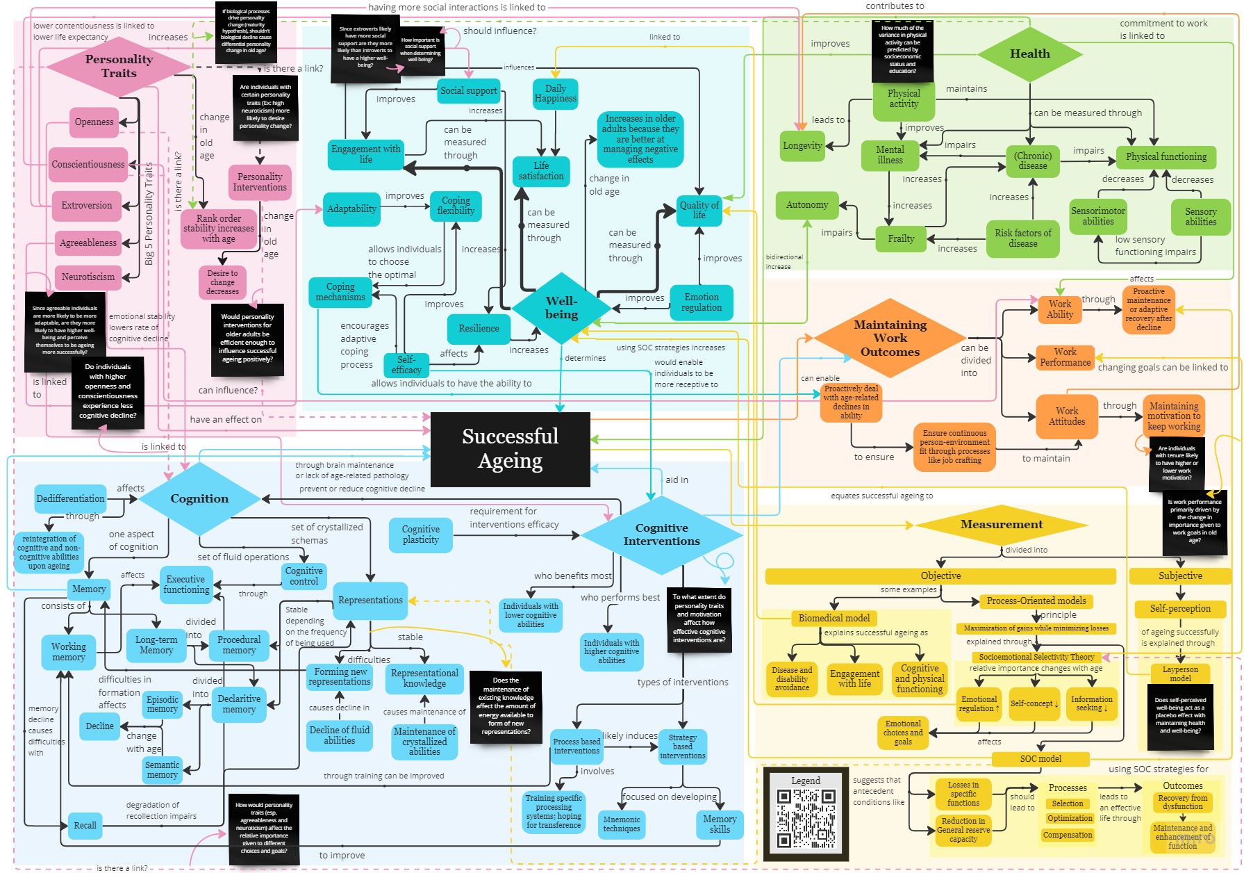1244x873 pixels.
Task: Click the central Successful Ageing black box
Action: (510, 448)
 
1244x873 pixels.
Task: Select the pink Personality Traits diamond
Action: (119, 66)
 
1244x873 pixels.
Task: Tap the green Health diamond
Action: (1029, 54)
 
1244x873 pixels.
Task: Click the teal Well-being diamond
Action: (561, 307)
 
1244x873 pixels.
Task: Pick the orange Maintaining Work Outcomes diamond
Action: (890, 338)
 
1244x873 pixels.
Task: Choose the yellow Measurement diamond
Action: (1001, 524)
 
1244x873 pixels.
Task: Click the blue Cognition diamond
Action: (199, 498)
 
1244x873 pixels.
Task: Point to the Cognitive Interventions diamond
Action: (661, 535)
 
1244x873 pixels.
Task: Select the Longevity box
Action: (802, 146)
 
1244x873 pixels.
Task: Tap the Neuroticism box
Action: (88, 277)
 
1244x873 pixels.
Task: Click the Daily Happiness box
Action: (555, 94)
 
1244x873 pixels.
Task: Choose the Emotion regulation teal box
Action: (702, 302)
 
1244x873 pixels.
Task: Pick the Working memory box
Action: (69, 651)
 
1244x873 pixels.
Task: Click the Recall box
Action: (85, 825)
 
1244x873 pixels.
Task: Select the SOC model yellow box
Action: (1040, 758)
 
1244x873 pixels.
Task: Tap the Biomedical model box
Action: (834, 618)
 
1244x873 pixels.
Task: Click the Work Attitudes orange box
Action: (1066, 416)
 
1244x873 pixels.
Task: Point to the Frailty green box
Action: (901, 238)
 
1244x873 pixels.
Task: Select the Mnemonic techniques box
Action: (621, 824)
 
